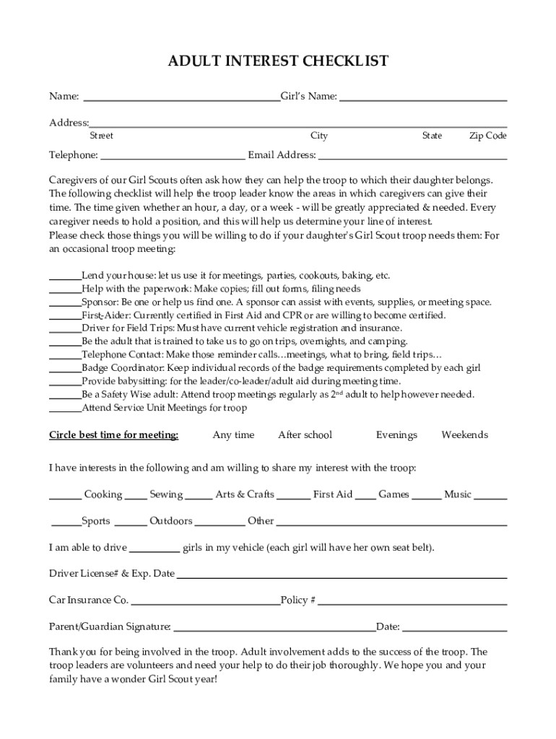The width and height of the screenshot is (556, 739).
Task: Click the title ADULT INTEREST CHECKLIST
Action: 278,61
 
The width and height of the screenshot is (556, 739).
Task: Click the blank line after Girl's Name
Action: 422,97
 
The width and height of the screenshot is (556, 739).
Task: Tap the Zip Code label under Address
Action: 487,136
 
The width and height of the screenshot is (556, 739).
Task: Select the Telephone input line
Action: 173,155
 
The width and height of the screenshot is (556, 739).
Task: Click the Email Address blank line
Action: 412,155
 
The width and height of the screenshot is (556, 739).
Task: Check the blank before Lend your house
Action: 64,276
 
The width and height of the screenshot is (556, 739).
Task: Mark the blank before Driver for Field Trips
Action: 64,328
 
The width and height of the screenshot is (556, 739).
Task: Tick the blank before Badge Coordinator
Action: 64,368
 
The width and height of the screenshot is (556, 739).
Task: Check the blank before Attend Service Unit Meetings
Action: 64,408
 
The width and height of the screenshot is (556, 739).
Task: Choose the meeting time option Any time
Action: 233,435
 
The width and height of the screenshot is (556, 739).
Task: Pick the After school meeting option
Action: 305,435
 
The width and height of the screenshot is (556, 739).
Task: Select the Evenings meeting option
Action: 396,435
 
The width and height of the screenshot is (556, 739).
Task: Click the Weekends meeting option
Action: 464,435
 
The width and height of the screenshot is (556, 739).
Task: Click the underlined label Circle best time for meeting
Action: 113,435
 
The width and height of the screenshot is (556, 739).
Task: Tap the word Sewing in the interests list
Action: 166,494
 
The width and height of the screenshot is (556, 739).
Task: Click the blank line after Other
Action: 391,521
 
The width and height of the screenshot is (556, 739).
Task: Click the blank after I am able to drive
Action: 155,548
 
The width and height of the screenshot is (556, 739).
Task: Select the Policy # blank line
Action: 412,600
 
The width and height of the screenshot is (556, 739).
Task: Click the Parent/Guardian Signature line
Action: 274,627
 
